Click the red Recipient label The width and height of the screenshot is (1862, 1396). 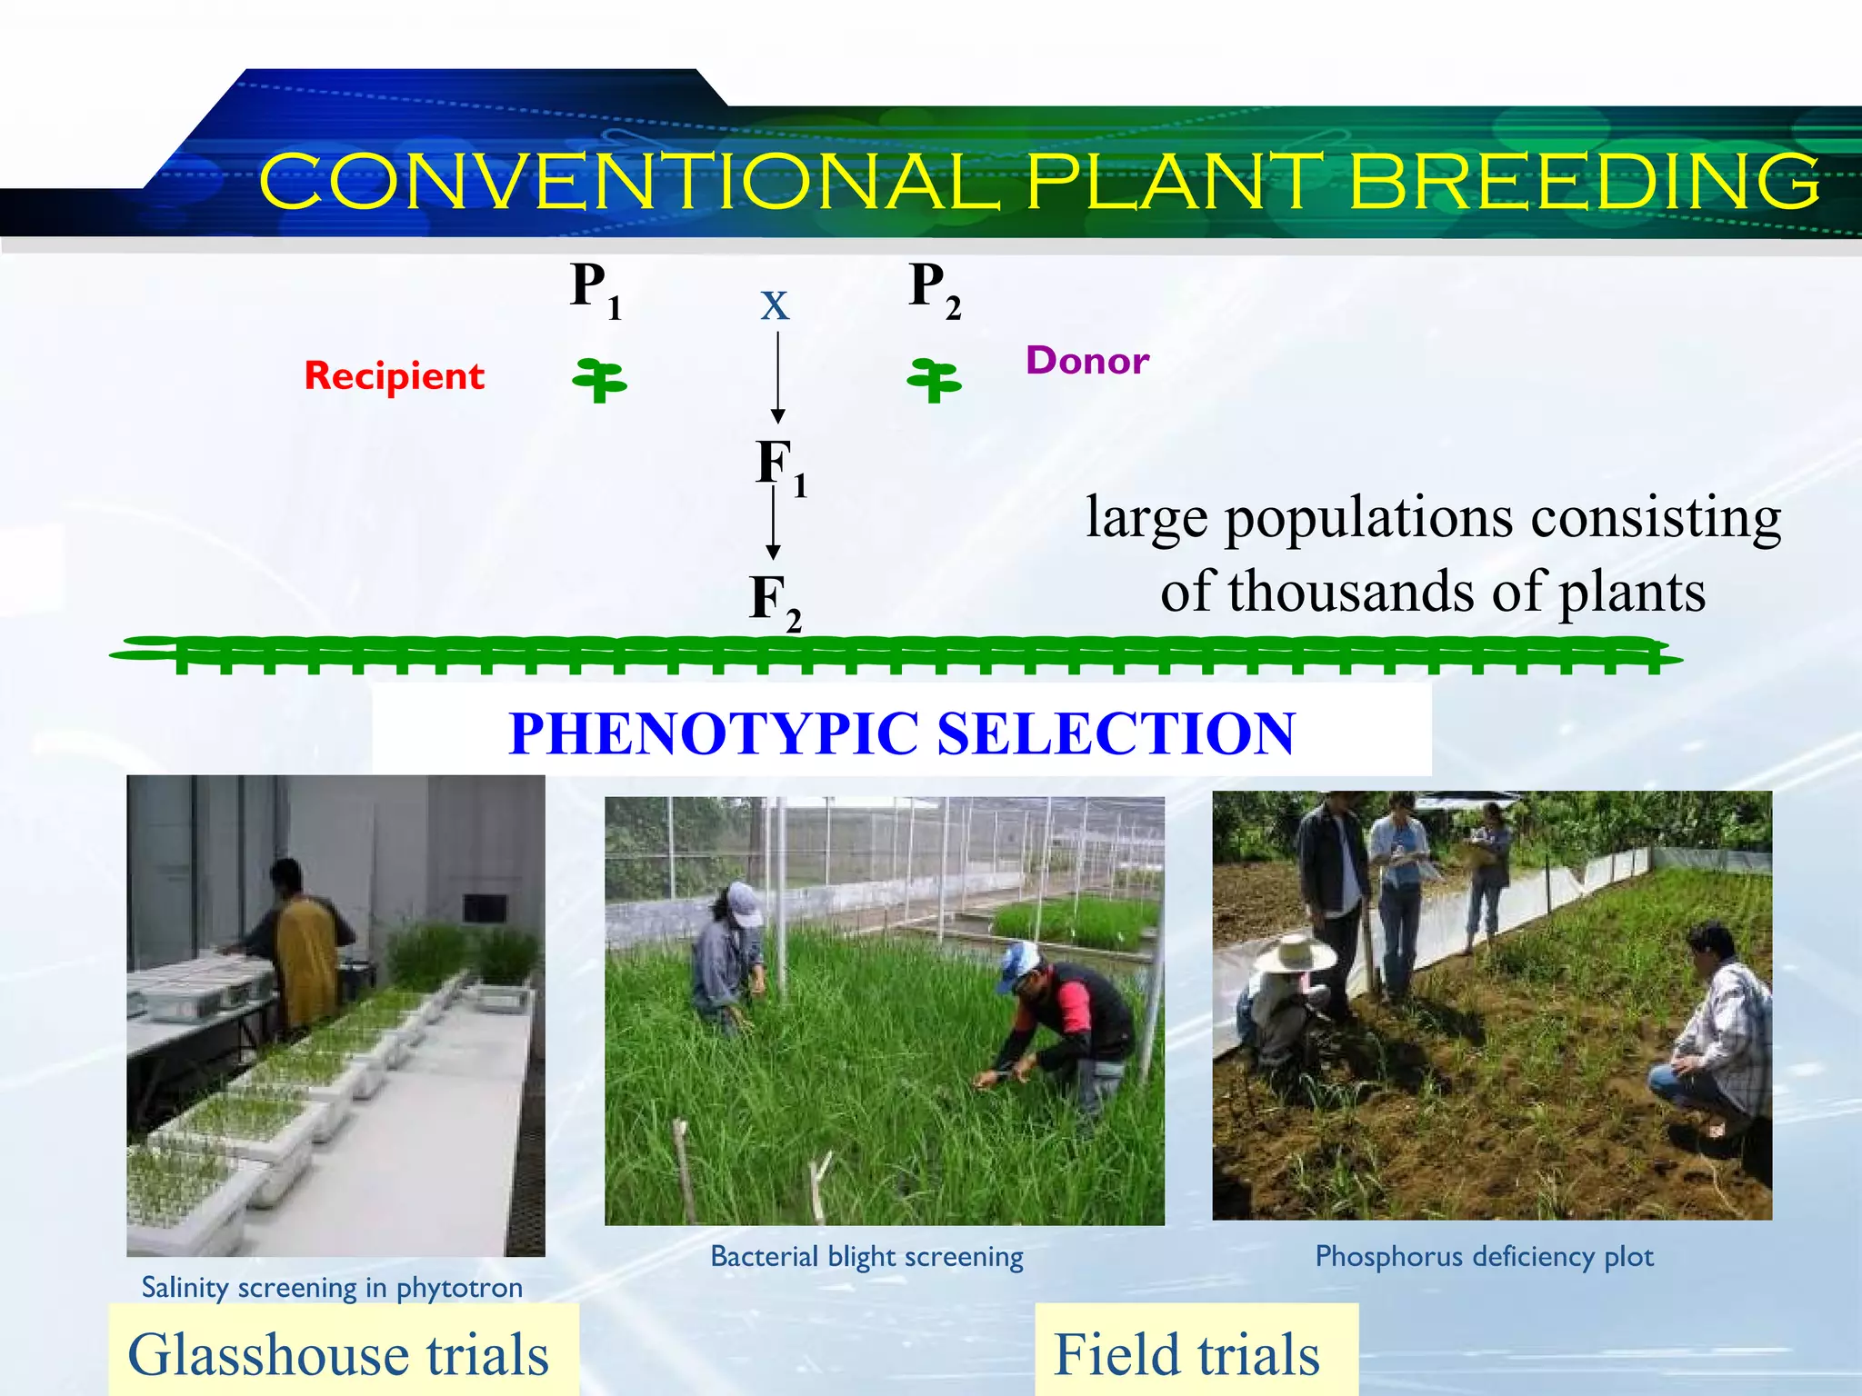[x=394, y=376]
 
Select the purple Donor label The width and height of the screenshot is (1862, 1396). [x=1087, y=361]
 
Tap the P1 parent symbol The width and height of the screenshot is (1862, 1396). [x=596, y=289]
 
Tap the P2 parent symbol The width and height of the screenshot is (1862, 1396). [x=935, y=289]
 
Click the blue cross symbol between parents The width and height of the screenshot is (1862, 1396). [x=775, y=305]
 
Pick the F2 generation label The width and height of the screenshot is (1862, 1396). [x=775, y=601]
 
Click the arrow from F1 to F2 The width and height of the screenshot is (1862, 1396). [x=773, y=523]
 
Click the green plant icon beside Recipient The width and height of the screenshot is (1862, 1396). [x=599, y=380]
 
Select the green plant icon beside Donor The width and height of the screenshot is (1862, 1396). [x=934, y=380]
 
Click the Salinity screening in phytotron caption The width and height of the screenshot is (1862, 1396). [x=332, y=1287]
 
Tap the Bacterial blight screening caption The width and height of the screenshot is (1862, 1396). [x=866, y=1256]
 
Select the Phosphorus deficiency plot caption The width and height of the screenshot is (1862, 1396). [x=1484, y=1256]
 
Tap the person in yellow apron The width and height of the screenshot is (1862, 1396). [x=305, y=945]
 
